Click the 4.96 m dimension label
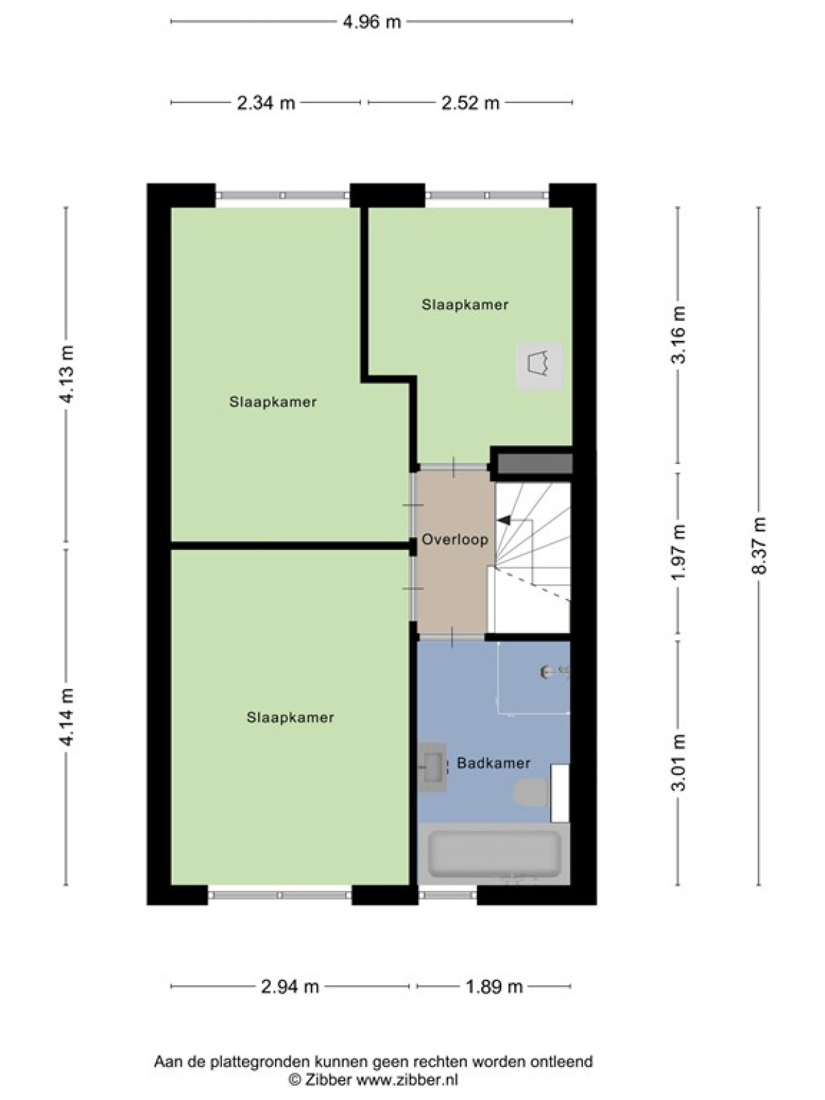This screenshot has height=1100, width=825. click(x=372, y=22)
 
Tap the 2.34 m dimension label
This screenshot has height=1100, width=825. click(x=266, y=103)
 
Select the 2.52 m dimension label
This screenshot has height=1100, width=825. click(x=470, y=103)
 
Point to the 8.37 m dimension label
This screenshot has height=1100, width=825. click(x=760, y=546)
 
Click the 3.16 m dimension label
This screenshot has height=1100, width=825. click(x=679, y=335)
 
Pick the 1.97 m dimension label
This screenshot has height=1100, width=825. click(x=679, y=553)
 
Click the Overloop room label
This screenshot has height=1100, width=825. click(x=455, y=540)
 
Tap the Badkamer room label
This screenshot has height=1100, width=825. click(x=494, y=763)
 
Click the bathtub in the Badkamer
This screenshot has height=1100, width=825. click(x=494, y=854)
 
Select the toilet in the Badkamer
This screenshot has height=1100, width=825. click(x=532, y=792)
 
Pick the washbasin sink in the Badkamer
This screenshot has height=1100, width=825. click(x=433, y=767)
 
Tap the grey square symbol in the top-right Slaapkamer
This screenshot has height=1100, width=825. click(x=540, y=366)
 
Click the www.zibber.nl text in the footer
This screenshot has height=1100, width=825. click(x=407, y=1076)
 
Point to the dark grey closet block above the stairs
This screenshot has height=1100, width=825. click(x=534, y=463)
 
